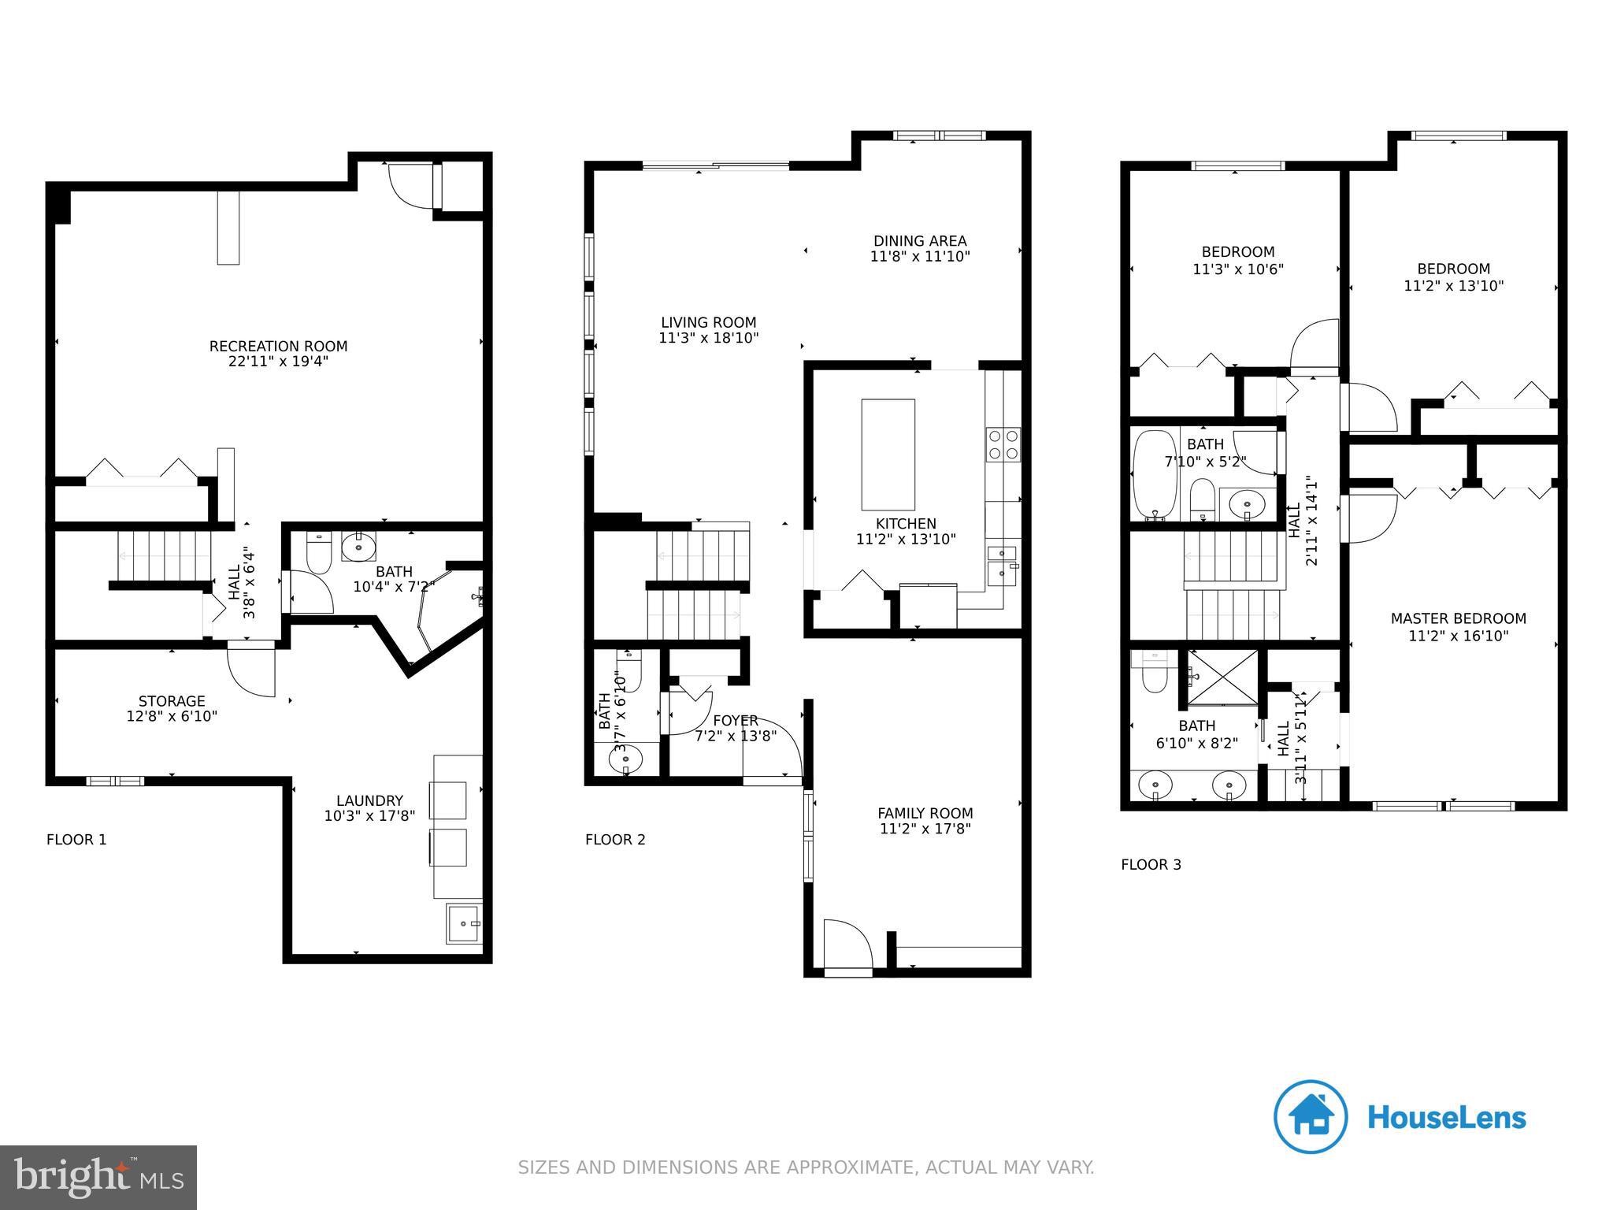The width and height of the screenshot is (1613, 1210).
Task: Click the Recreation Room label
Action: point(278,346)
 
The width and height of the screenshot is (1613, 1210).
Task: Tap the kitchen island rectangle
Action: point(888,455)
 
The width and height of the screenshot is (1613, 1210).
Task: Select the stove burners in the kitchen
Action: point(1003,444)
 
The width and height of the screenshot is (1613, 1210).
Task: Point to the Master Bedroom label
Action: point(1458,618)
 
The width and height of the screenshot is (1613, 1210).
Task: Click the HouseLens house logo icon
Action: point(1311,1117)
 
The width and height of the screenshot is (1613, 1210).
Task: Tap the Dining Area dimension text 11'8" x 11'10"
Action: point(920,256)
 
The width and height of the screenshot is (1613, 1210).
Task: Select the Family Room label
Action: point(925,813)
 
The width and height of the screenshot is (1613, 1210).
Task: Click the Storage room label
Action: point(172,701)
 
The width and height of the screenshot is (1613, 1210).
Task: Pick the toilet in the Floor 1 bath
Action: point(320,553)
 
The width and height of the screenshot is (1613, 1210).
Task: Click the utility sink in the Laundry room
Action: point(463,922)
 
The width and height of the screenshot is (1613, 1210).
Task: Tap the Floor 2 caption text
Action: point(615,840)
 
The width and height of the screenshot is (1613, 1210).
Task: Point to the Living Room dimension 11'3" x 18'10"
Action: point(708,338)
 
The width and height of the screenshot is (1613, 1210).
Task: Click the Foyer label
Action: point(736,720)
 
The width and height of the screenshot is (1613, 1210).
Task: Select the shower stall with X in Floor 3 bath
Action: point(1222,677)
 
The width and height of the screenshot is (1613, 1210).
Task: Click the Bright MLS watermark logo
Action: point(98,1177)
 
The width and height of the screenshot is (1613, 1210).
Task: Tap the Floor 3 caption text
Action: point(1151,864)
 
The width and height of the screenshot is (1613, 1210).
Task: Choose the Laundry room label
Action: point(369,800)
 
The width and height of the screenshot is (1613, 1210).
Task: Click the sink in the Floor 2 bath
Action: point(625,760)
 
